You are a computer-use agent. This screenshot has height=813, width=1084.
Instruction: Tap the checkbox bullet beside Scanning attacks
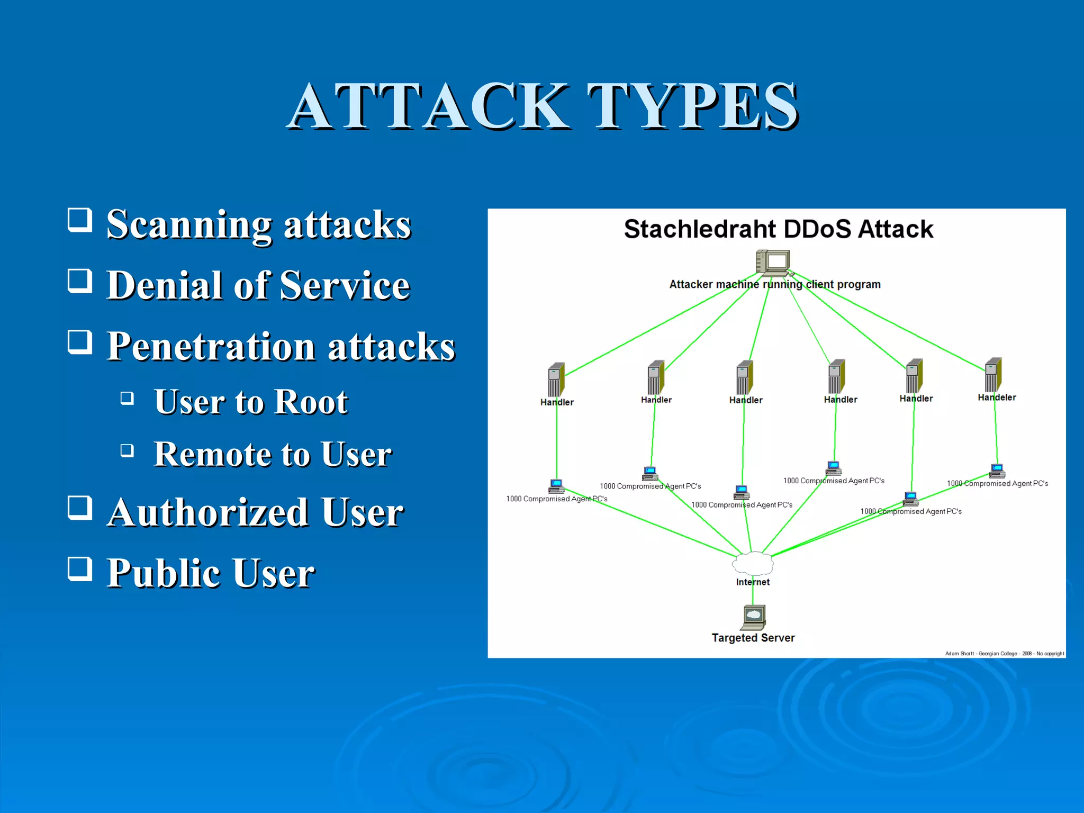[x=80, y=220]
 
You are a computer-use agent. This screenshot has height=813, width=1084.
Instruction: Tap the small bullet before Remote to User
[x=127, y=450]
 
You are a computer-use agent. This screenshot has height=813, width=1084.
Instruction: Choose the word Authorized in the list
[x=208, y=513]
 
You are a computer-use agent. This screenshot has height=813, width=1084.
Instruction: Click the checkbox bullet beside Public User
[x=80, y=568]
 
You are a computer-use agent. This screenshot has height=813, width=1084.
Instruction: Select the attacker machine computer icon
[x=773, y=263]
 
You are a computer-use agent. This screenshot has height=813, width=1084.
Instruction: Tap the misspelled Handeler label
[x=997, y=398]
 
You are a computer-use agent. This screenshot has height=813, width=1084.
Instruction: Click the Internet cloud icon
[x=752, y=563]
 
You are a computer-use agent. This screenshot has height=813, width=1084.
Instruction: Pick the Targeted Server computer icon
[x=753, y=617]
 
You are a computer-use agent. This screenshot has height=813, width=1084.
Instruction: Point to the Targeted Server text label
[x=753, y=638]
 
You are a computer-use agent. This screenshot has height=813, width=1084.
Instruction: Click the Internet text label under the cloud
[x=753, y=582]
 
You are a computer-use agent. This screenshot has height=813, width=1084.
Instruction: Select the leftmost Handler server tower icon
[x=556, y=379]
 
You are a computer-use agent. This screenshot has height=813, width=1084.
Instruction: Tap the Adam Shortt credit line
[x=1004, y=654]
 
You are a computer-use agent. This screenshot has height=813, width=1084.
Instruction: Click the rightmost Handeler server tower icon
[x=993, y=374]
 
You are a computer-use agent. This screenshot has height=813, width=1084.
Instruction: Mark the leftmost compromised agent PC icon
[x=556, y=486]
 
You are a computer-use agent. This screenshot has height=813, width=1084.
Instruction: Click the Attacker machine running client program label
[x=774, y=284]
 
